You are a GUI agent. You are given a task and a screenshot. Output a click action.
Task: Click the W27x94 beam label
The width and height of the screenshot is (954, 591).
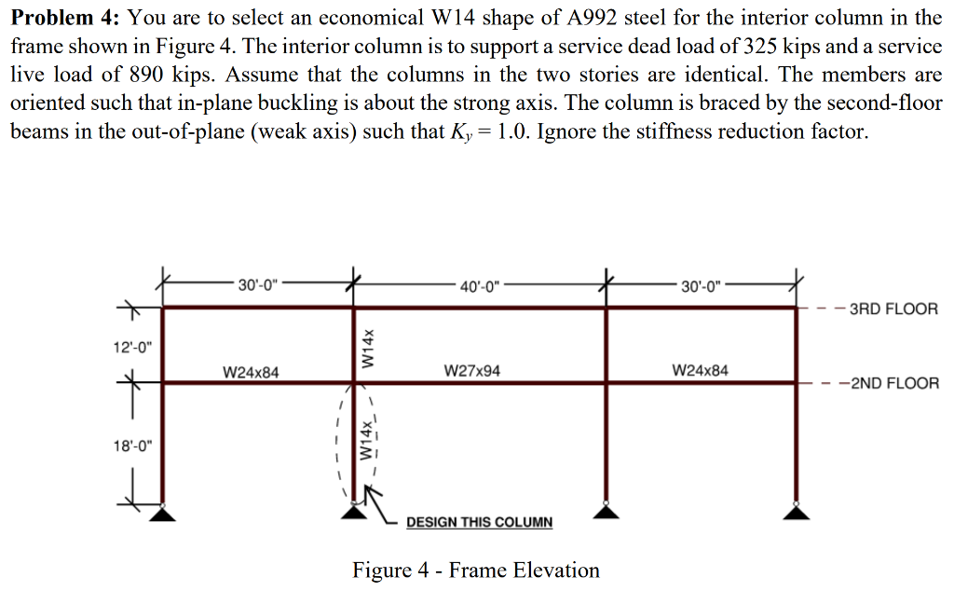tap(472, 371)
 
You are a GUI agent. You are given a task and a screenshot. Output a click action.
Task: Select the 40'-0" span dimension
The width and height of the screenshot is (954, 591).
tap(480, 286)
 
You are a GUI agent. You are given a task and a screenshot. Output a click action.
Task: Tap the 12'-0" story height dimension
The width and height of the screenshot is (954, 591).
tap(132, 348)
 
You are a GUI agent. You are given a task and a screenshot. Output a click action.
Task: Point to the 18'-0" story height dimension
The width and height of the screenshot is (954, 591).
tap(132, 447)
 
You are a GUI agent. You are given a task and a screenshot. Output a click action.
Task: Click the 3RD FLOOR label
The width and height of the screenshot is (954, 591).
tap(893, 309)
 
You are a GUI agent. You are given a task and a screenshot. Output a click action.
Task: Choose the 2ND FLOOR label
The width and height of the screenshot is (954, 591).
tap(895, 383)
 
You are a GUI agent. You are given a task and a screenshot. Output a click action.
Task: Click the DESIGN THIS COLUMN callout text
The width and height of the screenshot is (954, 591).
tap(480, 522)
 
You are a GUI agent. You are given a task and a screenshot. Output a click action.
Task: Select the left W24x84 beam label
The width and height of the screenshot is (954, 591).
tap(251, 372)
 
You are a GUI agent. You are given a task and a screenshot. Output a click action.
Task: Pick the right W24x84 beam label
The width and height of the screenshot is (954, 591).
tap(700, 370)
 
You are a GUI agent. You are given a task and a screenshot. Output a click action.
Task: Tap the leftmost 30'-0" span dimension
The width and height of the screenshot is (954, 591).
tap(257, 285)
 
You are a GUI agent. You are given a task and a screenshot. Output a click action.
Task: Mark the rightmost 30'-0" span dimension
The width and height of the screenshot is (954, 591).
tap(701, 286)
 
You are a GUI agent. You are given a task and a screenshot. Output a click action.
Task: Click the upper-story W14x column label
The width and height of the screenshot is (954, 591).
tap(367, 348)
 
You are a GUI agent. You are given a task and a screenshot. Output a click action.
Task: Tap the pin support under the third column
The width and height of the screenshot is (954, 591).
tap(606, 511)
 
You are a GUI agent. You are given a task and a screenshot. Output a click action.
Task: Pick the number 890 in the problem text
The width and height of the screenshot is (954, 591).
tap(148, 75)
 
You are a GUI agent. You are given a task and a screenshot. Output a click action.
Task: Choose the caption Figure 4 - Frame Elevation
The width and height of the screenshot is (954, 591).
tap(476, 570)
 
